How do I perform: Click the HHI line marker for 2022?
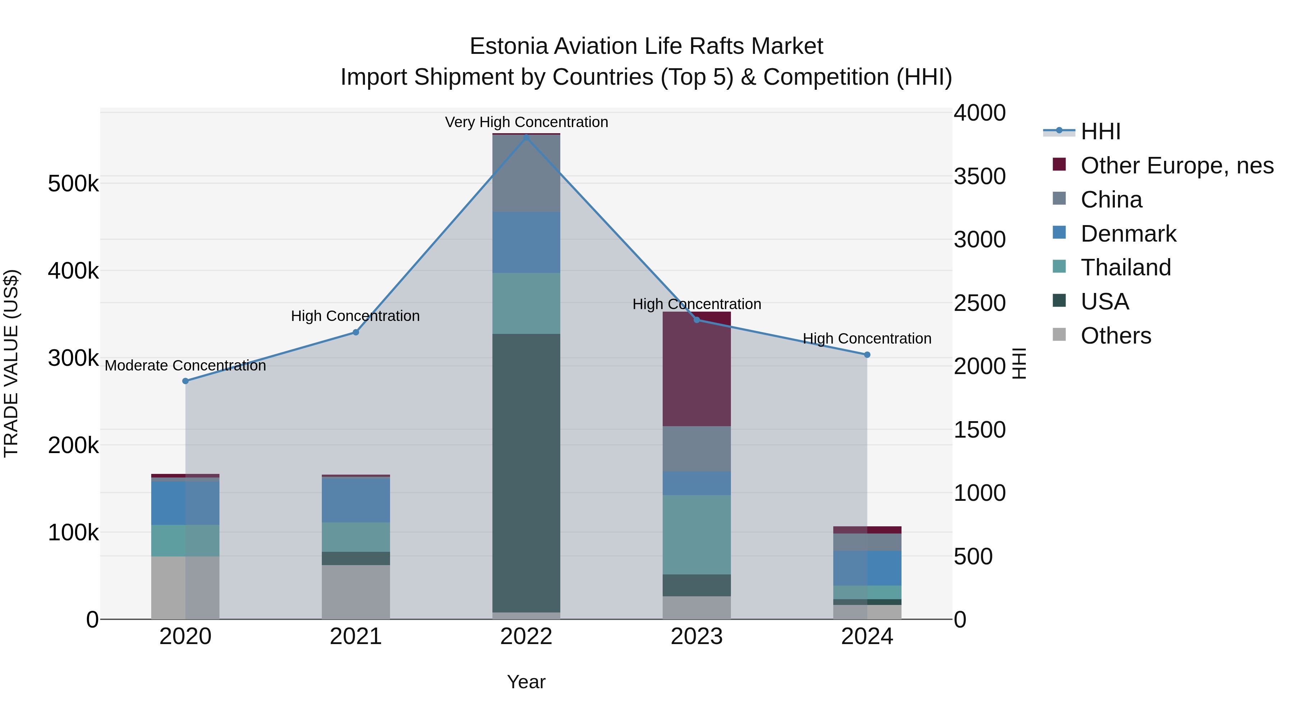pos(526,137)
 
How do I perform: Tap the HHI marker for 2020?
pos(185,381)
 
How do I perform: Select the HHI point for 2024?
pos(867,355)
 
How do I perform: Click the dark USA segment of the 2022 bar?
pos(526,472)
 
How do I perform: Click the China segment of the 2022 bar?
pos(526,173)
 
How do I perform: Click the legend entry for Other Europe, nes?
pos(1177,166)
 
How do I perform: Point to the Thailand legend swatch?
pos(1059,266)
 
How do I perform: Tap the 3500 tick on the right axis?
pos(979,176)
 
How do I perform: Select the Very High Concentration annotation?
pos(526,122)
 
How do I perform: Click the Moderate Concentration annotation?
pos(185,365)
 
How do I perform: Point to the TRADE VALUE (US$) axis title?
pos(11,363)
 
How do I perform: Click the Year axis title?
pos(526,682)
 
